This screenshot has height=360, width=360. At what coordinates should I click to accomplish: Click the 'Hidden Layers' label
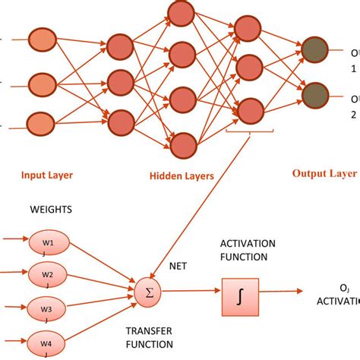[181, 175]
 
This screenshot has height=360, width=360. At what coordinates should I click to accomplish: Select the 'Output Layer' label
[324, 173]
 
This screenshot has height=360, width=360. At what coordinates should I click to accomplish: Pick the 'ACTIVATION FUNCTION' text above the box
[248, 250]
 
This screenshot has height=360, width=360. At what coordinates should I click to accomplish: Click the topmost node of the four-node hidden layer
[182, 13]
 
